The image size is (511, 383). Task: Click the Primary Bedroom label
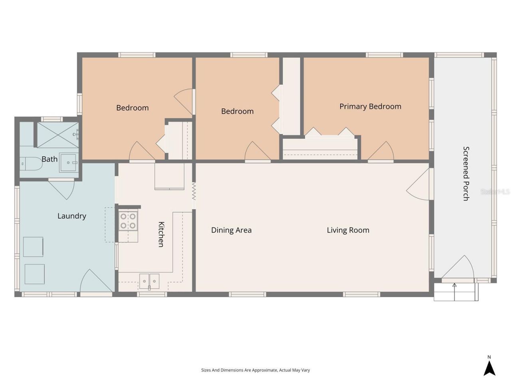click(370, 107)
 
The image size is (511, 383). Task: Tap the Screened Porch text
click(466, 174)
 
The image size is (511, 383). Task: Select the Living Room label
click(348, 230)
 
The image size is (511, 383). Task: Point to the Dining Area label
click(231, 230)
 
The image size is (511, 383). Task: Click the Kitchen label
click(161, 234)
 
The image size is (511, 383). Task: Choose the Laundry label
click(71, 216)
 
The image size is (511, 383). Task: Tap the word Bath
click(50, 159)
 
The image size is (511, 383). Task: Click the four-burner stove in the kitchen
click(128, 221)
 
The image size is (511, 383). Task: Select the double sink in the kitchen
click(149, 281)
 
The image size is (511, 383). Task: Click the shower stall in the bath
click(58, 135)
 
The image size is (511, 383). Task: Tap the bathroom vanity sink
click(69, 163)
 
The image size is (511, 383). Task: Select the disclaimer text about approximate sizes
click(255, 370)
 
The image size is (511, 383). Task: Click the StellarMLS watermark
click(495, 192)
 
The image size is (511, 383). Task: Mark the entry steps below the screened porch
click(456, 292)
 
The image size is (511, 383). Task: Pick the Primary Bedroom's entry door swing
click(382, 152)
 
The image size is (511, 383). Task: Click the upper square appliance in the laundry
click(33, 247)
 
